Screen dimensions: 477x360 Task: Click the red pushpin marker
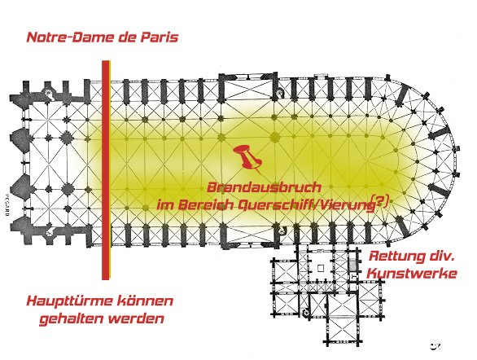point(248,158)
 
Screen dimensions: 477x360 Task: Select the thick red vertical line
point(106,169)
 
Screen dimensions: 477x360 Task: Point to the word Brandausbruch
point(264,187)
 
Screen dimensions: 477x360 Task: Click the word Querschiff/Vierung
point(306,205)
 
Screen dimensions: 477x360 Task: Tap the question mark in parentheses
point(379,201)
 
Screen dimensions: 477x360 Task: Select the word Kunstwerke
point(412,274)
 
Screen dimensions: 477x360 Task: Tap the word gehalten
point(72,319)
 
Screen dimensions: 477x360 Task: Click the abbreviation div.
point(442,257)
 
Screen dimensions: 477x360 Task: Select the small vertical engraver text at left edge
point(7,205)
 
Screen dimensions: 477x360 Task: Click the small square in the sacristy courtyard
point(320,268)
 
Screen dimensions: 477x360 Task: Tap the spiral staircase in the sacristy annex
point(306,312)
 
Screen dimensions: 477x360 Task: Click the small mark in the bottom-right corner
point(435,346)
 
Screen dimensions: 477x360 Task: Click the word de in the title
point(127,37)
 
